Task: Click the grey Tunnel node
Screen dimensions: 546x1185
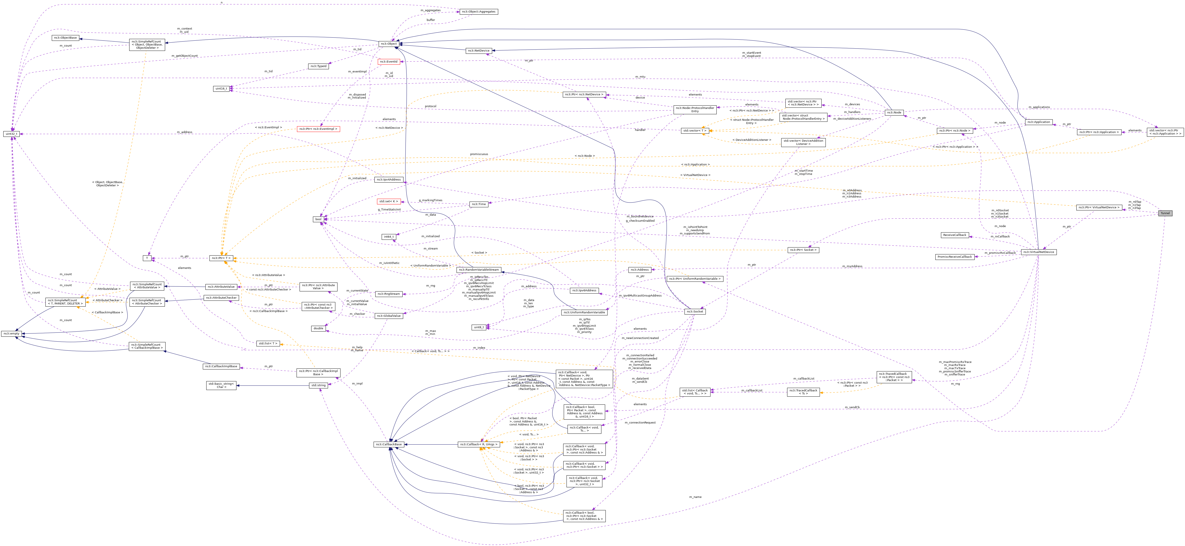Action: pyautogui.click(x=1165, y=213)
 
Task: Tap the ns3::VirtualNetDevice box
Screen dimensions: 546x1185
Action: pyautogui.click(x=1038, y=252)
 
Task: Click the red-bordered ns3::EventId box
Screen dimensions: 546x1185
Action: pyautogui.click(x=388, y=62)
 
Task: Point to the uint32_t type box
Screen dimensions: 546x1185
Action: pyautogui.click(x=11, y=134)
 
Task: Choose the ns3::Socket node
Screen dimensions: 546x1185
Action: pyautogui.click(x=695, y=311)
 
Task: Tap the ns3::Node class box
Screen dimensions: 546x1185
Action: pyautogui.click(x=894, y=112)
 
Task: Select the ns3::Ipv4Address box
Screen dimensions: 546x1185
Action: pyautogui.click(x=389, y=179)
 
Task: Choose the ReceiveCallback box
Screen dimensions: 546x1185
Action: pyautogui.click(x=955, y=235)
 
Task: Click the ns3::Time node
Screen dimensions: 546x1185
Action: pyautogui.click(x=478, y=204)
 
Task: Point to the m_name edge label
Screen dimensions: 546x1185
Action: pyautogui.click(x=695, y=497)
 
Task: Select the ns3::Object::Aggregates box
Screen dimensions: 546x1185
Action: pyautogui.click(x=478, y=11)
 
